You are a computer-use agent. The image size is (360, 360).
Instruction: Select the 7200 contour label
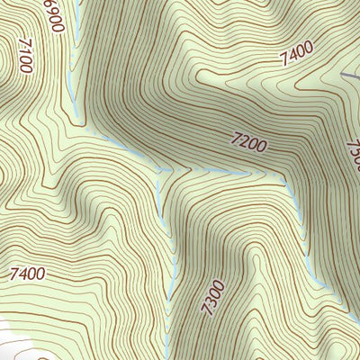[248, 141]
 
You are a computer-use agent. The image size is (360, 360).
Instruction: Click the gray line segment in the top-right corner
[350, 74]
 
